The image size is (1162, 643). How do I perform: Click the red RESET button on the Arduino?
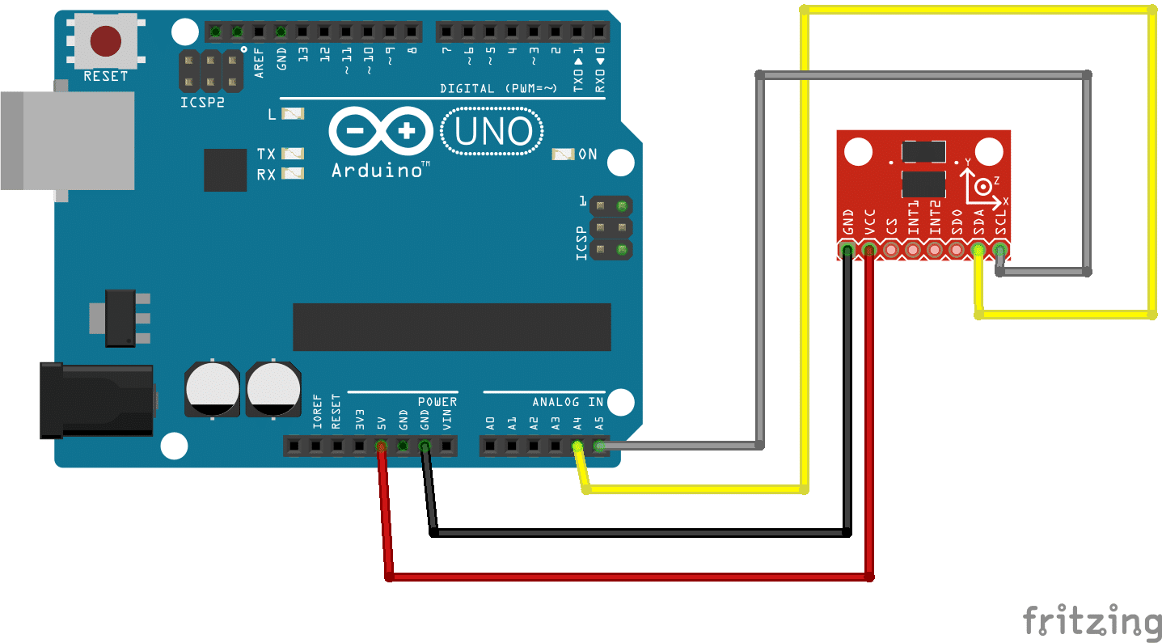tap(106, 41)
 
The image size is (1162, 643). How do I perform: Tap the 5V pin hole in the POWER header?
tap(380, 446)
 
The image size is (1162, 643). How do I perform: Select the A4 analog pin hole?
tap(577, 446)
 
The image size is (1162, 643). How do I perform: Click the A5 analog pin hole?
tap(598, 446)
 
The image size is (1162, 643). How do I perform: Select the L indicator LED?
tap(292, 115)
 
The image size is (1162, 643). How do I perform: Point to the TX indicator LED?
tap(292, 153)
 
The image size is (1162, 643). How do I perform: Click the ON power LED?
tap(563, 154)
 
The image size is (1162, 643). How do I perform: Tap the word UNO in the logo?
tap(493, 132)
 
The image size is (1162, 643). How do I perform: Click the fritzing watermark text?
tap(1092, 621)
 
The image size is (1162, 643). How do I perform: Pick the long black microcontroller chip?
tap(451, 327)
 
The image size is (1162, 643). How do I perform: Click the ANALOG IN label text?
tap(568, 401)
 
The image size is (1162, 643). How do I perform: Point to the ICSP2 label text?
tap(201, 102)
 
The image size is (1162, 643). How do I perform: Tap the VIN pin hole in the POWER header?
tap(446, 446)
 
